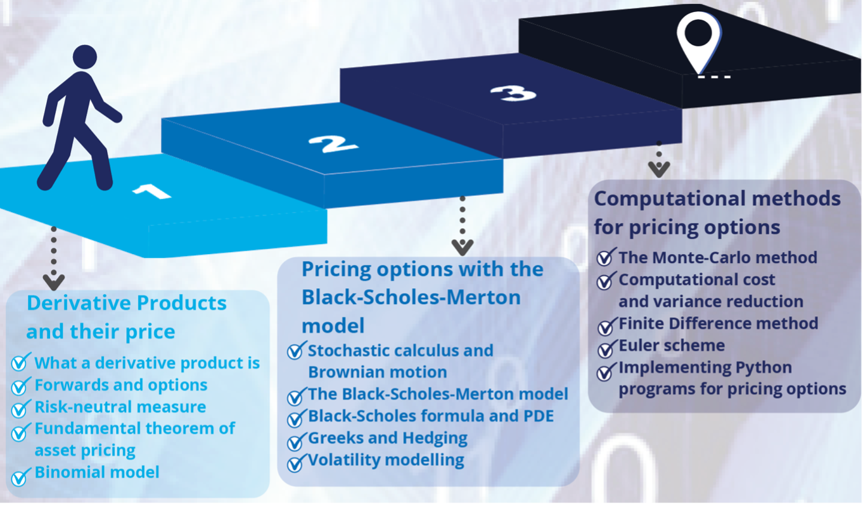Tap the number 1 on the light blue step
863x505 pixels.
click(x=152, y=189)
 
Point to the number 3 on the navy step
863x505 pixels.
click(x=513, y=94)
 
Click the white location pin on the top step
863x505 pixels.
click(x=699, y=40)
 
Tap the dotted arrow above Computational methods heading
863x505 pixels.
click(x=659, y=159)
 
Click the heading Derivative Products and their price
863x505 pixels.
click(x=126, y=317)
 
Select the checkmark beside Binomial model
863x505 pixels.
click(x=20, y=476)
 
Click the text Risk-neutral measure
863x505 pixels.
click(x=120, y=407)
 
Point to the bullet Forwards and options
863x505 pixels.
click(x=120, y=385)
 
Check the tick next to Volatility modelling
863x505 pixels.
click(x=295, y=463)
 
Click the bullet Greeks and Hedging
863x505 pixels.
click(x=387, y=438)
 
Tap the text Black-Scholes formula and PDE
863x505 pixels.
click(x=430, y=416)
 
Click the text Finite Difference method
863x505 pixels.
click(x=718, y=324)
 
